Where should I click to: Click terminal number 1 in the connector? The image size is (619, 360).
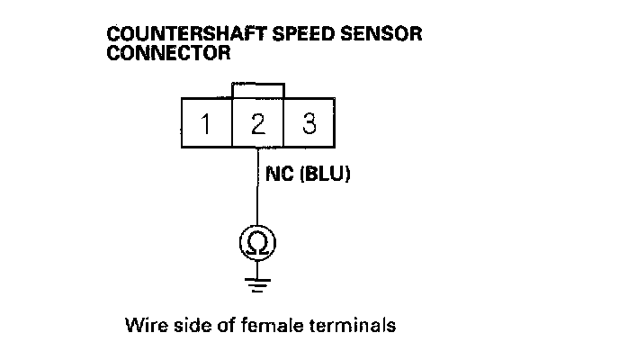point(207,123)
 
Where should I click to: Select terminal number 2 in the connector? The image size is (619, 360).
point(258,123)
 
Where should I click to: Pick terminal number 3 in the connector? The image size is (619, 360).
point(309,123)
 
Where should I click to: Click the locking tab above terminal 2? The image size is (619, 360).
point(258,91)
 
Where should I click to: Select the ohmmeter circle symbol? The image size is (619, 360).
point(257,242)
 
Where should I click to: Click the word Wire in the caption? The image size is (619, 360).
point(145,324)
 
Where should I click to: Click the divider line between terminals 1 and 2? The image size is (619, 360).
point(232,123)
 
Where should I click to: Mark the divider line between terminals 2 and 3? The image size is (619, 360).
point(284,123)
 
